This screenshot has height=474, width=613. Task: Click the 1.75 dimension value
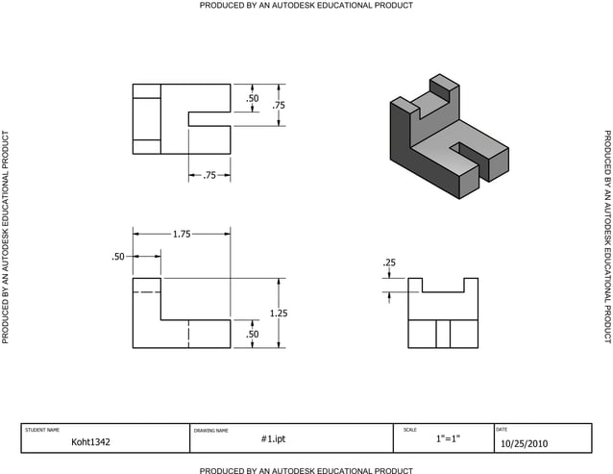[x=181, y=234]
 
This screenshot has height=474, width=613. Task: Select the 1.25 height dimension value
[x=279, y=313]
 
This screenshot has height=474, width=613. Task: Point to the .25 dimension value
[x=389, y=262]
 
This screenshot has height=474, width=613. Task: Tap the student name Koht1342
[x=92, y=443]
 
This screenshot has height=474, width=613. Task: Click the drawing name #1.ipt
[x=274, y=438]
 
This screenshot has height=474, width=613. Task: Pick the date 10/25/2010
[x=525, y=444]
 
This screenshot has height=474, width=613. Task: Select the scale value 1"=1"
[x=448, y=439]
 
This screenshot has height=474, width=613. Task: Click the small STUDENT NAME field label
[x=41, y=430]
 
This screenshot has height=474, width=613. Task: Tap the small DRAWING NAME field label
[x=211, y=430]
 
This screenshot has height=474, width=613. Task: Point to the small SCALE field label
[x=410, y=429]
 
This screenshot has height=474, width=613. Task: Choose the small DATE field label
[x=502, y=429]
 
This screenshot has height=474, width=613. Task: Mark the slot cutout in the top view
[x=209, y=119]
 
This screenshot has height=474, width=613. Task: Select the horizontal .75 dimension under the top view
[x=209, y=175]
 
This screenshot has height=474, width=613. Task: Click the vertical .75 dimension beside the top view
[x=279, y=106]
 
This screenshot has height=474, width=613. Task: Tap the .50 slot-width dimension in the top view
[x=252, y=98]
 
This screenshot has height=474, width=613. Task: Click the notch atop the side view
[x=443, y=285]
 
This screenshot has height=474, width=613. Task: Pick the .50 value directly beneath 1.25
[x=252, y=334]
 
